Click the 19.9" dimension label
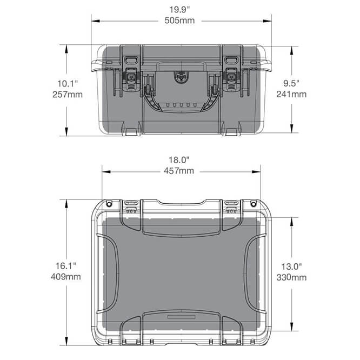(x=179, y=10)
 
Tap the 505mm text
(x=179, y=21)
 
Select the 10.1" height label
(x=68, y=83)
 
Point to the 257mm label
(x=68, y=95)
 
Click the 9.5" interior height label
(x=291, y=83)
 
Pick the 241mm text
(x=291, y=94)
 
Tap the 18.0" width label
(x=179, y=160)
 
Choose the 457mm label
(x=179, y=171)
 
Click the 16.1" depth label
(x=66, y=266)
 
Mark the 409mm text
(x=66, y=277)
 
